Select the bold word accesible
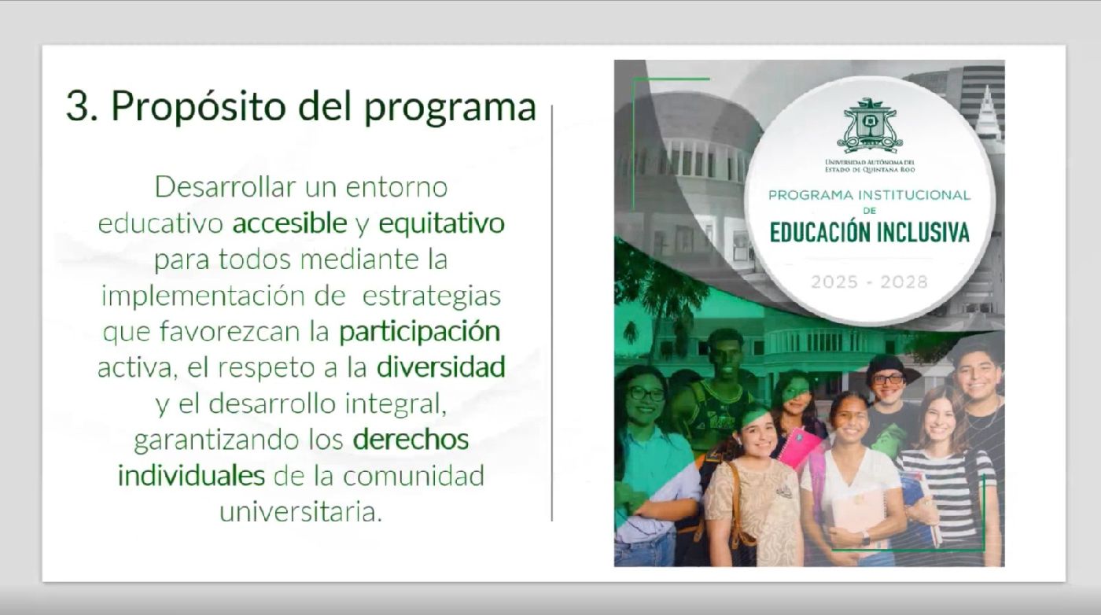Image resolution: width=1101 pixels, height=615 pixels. point(289,223)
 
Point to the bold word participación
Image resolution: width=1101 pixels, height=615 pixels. point(419,333)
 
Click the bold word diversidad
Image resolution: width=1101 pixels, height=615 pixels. point(441,367)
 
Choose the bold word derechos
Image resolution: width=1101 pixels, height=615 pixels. point(411,439)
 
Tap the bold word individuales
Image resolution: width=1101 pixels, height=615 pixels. point(191,475)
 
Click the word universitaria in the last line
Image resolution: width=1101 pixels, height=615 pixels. point(300,512)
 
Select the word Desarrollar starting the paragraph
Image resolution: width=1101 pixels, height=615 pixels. point(226,187)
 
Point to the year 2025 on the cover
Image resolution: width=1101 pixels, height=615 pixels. point(834,282)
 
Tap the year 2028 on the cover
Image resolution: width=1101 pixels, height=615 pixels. point(904,282)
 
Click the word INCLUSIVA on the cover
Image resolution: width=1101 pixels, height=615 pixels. point(925,233)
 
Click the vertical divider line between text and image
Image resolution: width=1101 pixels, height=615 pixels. point(552,313)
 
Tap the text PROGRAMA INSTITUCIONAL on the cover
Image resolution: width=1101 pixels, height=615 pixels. point(869,195)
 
